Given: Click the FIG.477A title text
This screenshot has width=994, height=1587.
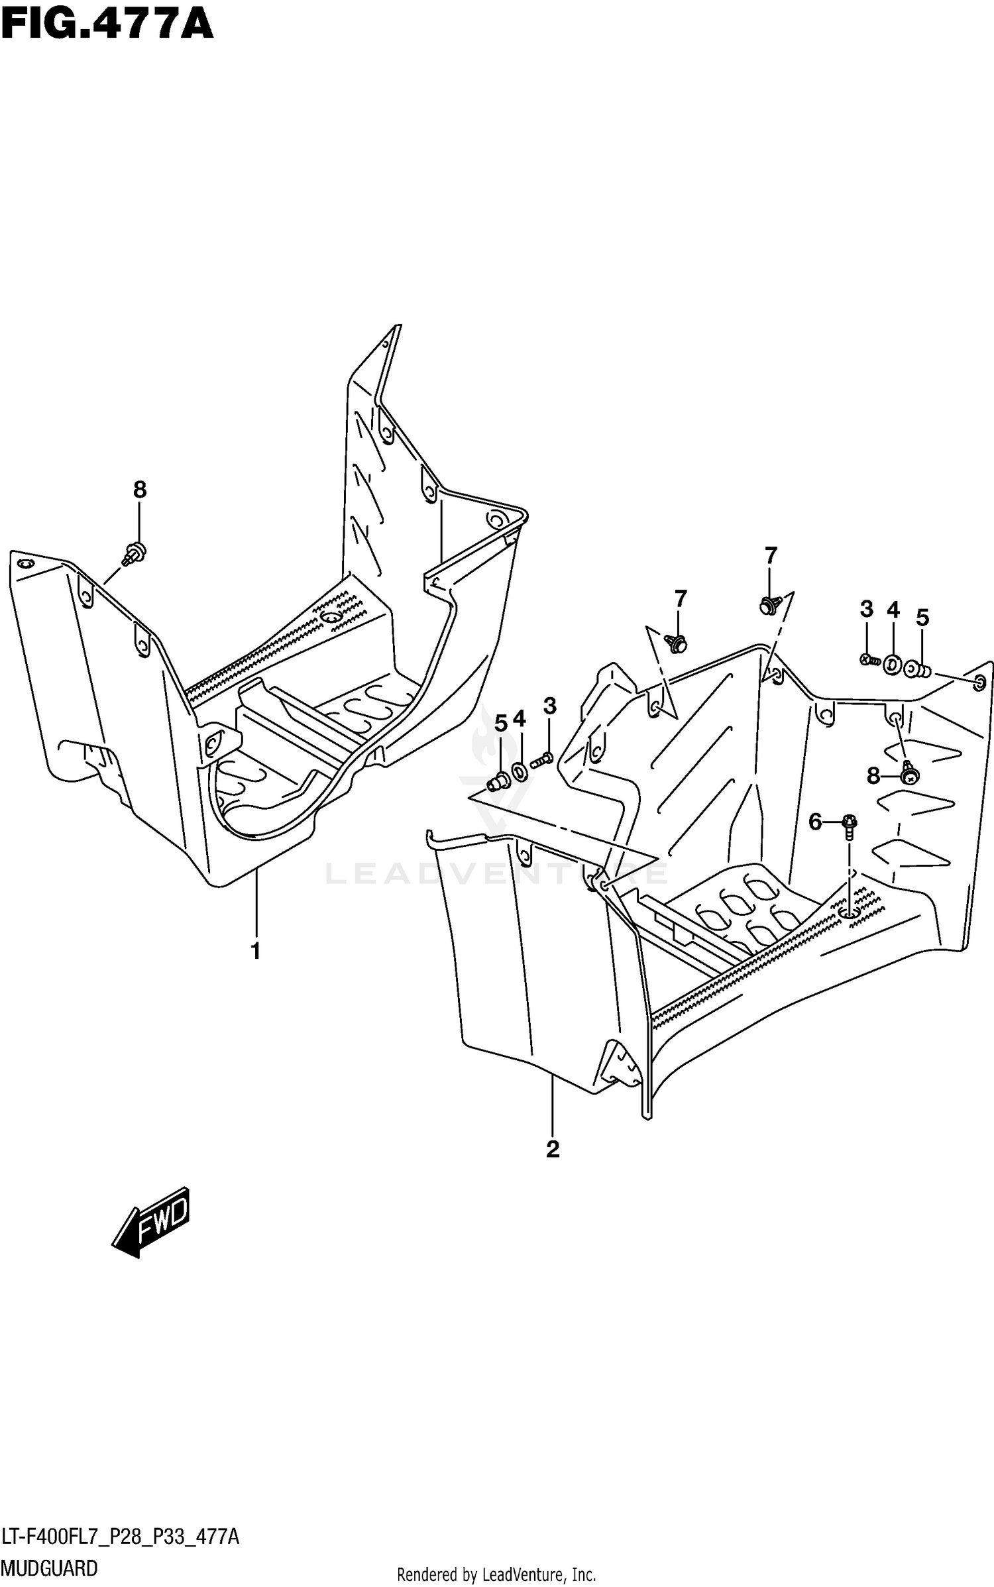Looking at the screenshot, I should click(107, 25).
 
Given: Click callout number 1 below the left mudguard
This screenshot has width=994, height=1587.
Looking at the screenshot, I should click(256, 951).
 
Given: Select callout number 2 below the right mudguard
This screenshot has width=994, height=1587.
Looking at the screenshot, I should click(553, 1148).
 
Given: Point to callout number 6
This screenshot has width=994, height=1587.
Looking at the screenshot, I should click(815, 822).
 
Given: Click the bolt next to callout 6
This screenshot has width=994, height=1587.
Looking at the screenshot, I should click(850, 826).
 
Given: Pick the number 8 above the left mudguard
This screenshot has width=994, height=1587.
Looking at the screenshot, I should click(139, 490).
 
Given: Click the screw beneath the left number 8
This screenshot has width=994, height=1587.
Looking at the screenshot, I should click(135, 552).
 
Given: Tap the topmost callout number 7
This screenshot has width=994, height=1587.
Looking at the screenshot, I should click(770, 555).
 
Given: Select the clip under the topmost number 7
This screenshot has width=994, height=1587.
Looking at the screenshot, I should click(769, 604).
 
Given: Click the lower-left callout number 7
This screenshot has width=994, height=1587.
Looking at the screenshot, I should click(681, 599).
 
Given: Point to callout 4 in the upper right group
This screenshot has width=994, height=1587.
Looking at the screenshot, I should click(893, 610).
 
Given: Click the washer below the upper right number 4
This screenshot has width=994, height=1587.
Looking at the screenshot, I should click(893, 664).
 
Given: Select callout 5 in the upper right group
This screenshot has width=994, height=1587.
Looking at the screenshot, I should click(922, 618).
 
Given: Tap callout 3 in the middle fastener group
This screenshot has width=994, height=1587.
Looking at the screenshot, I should click(549, 706).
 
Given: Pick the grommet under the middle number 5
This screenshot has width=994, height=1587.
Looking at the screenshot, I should click(496, 782).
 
